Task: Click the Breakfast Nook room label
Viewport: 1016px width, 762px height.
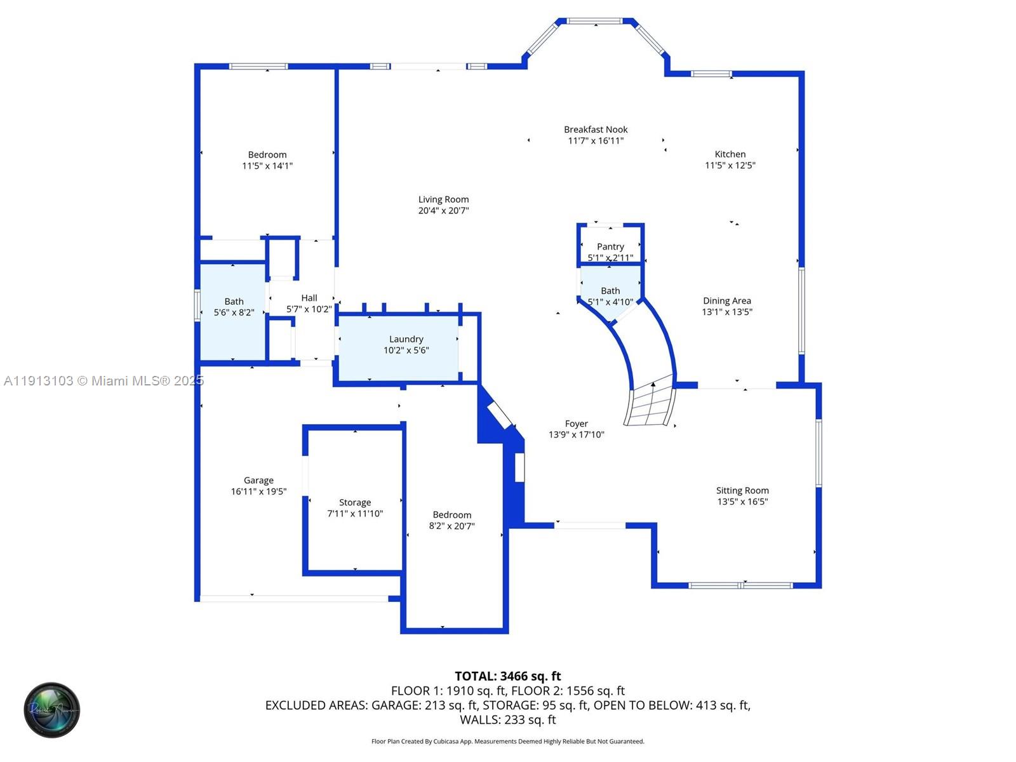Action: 596,130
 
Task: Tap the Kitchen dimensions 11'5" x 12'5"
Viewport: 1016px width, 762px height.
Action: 730,165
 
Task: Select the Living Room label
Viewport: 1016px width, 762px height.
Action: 443,199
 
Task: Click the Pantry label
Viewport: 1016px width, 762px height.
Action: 610,246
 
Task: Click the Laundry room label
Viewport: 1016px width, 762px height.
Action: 406,339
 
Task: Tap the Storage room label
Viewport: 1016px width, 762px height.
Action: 354,502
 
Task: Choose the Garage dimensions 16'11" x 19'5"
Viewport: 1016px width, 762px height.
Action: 258,491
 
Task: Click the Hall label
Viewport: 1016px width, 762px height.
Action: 309,298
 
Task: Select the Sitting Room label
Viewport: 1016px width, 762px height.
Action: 742,490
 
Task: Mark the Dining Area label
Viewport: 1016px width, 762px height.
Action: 726,301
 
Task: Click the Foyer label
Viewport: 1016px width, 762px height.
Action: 576,424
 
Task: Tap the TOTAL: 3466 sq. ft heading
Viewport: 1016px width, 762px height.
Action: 507,676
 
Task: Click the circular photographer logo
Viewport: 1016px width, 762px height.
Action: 52,710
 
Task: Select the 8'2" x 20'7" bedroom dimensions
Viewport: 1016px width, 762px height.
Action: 451,526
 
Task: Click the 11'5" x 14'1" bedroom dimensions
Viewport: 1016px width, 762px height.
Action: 267,166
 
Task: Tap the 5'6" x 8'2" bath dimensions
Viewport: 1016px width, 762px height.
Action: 234,312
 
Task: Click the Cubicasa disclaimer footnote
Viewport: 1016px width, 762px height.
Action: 507,741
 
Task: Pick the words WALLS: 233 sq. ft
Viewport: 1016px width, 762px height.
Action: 507,719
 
